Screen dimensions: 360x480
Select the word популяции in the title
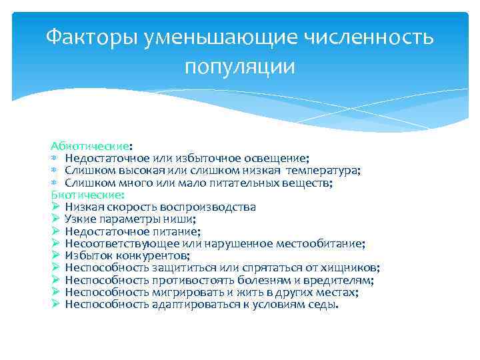[x=239, y=67]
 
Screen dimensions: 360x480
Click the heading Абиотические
[x=90, y=145]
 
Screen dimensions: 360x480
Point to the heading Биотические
[x=87, y=195]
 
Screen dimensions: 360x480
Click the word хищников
[x=351, y=268]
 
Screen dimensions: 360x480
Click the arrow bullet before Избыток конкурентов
[x=55, y=256]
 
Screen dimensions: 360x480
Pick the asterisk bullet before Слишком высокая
[x=55, y=171]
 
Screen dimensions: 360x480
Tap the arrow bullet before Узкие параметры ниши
[x=55, y=219]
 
